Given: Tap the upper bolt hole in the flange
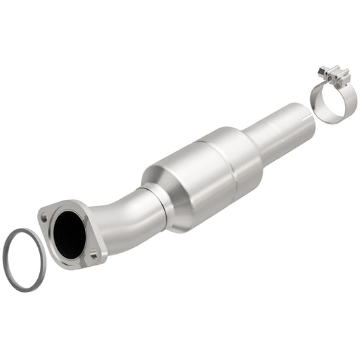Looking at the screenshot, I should point(44,218).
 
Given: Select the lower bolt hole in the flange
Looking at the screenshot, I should point(95,255).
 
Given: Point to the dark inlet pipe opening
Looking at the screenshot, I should point(70,232).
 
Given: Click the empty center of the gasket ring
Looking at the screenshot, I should point(26,259).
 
